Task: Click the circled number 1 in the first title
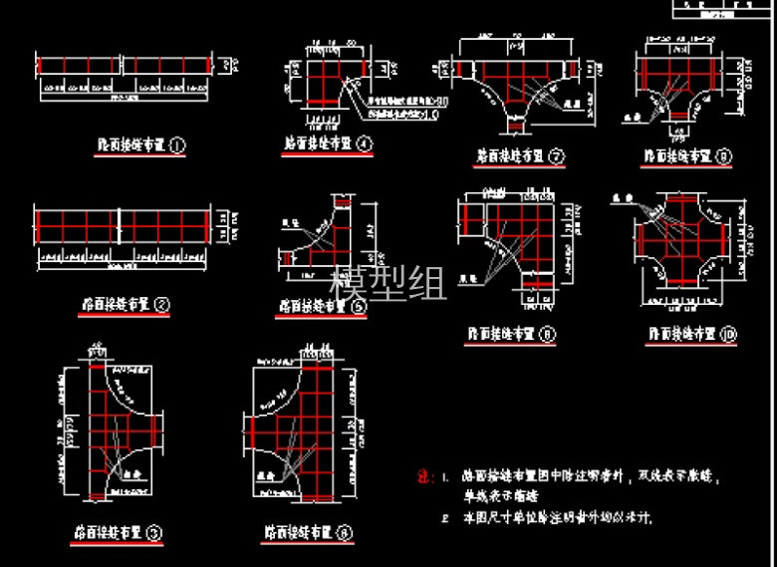pos(178,145)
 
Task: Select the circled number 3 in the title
pos(154,533)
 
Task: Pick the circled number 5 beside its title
pos(360,307)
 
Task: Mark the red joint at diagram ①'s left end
pos(38,66)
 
